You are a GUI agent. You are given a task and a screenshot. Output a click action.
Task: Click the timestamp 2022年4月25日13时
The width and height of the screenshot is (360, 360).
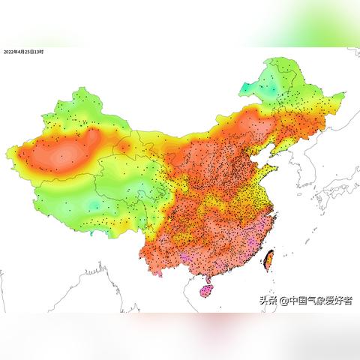click(24, 52)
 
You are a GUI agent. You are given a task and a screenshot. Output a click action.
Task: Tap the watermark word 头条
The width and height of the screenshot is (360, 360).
click(268, 301)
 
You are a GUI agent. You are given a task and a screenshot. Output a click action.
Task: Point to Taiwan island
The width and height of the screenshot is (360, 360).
click(268, 259)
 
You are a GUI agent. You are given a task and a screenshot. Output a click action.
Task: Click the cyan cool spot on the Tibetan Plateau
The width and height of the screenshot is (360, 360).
click(93, 204)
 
